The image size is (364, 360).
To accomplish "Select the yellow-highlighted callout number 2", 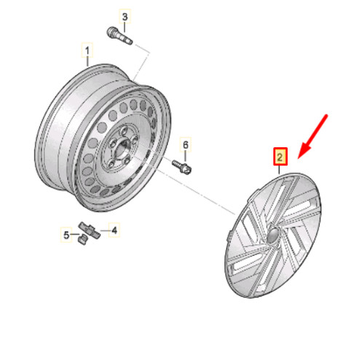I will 280,156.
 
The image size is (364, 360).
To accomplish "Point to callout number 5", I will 65,235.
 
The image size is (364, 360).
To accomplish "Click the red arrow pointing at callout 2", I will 314,136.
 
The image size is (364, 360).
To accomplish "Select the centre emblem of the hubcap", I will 271,235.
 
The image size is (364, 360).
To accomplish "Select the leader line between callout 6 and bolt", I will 185,155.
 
